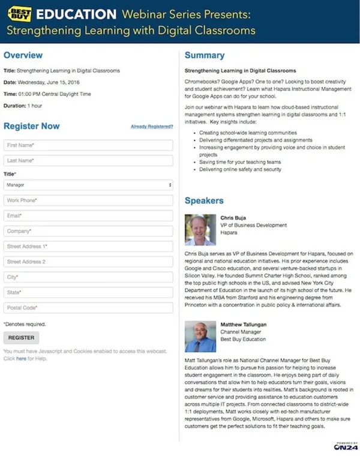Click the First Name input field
pyautogui.click(x=88, y=145)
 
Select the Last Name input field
pyautogui.click(x=88, y=160)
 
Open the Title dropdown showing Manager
pyautogui.click(x=88, y=185)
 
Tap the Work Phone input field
pyautogui.click(x=88, y=200)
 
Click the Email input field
pyautogui.click(x=88, y=215)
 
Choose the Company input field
pyautogui.click(x=88, y=231)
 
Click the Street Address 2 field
pyautogui.click(x=88, y=262)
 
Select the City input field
pyautogui.click(x=88, y=277)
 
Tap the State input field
pyautogui.click(x=88, y=292)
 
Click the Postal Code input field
pyautogui.click(x=88, y=308)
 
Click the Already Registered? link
pyautogui.click(x=152, y=127)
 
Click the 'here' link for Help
pyautogui.click(x=21, y=359)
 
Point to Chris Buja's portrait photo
pyautogui.click(x=200, y=230)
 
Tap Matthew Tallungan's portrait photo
pyautogui.click(x=200, y=337)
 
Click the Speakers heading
pyautogui.click(x=204, y=200)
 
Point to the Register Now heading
pyautogui.click(x=32, y=126)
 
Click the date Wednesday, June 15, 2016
pyautogui.click(x=53, y=82)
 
